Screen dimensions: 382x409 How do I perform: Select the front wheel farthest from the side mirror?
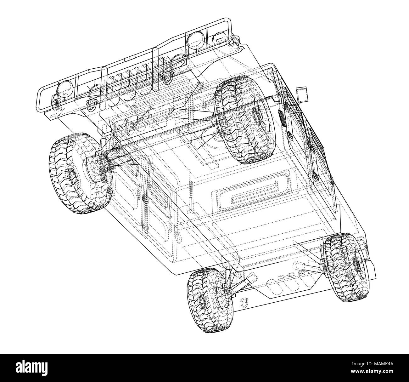click(80, 174)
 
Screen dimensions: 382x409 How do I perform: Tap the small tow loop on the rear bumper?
click(243, 302)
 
